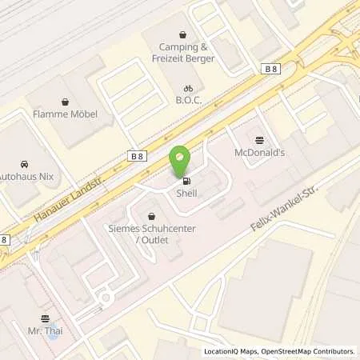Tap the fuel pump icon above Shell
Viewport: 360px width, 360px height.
point(186,179)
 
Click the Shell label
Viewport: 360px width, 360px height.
point(186,192)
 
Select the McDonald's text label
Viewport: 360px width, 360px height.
point(258,152)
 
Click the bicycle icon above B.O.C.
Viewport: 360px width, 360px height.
point(187,90)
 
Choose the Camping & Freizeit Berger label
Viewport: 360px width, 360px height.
point(184,52)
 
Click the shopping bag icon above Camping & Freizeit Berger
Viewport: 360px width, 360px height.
point(184,35)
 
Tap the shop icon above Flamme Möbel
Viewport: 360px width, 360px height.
point(65,102)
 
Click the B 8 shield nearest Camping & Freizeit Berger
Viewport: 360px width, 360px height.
point(270,70)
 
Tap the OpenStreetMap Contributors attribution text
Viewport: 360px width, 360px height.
point(308,351)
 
